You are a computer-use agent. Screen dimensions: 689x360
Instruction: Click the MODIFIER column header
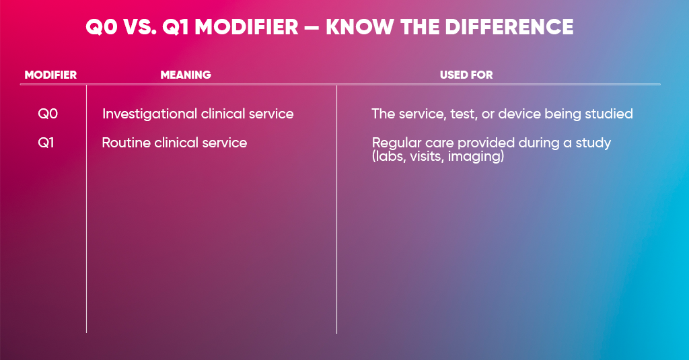click(50, 75)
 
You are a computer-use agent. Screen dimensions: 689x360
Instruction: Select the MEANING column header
click(186, 75)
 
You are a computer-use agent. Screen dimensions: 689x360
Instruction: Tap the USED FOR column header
click(466, 75)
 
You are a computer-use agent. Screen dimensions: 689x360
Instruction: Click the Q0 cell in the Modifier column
click(48, 114)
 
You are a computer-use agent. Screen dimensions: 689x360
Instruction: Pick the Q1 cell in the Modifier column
click(46, 143)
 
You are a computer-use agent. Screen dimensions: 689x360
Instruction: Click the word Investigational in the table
click(149, 114)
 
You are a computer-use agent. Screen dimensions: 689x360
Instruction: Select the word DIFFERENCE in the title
click(509, 27)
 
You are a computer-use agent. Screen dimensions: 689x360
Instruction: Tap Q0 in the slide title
click(102, 28)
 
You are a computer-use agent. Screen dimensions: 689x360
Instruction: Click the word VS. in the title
click(140, 27)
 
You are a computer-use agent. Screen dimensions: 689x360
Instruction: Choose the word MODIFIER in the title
click(247, 27)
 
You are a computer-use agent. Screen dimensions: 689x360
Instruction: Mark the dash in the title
click(312, 28)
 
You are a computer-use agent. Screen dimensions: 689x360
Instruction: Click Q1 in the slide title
click(176, 28)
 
